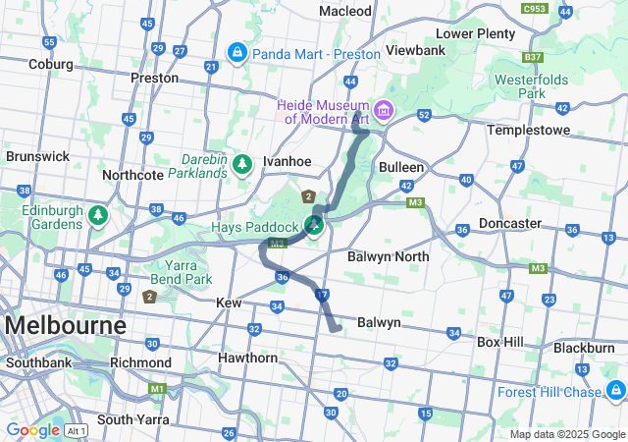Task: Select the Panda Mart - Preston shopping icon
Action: pyautogui.click(x=236, y=51)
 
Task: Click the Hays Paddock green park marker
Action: pyautogui.click(x=315, y=227)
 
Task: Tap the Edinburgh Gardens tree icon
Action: pyautogui.click(x=97, y=214)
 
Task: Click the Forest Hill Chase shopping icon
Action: pyautogui.click(x=614, y=391)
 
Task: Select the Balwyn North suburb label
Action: pyautogui.click(x=388, y=256)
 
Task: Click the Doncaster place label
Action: pyautogui.click(x=510, y=223)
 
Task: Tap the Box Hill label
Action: pyautogui.click(x=502, y=342)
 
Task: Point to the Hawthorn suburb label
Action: pyautogui.click(x=247, y=358)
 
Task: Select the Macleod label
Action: pyautogui.click(x=345, y=11)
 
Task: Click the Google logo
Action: pyautogui.click(x=32, y=429)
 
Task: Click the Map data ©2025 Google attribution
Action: pyautogui.click(x=567, y=434)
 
